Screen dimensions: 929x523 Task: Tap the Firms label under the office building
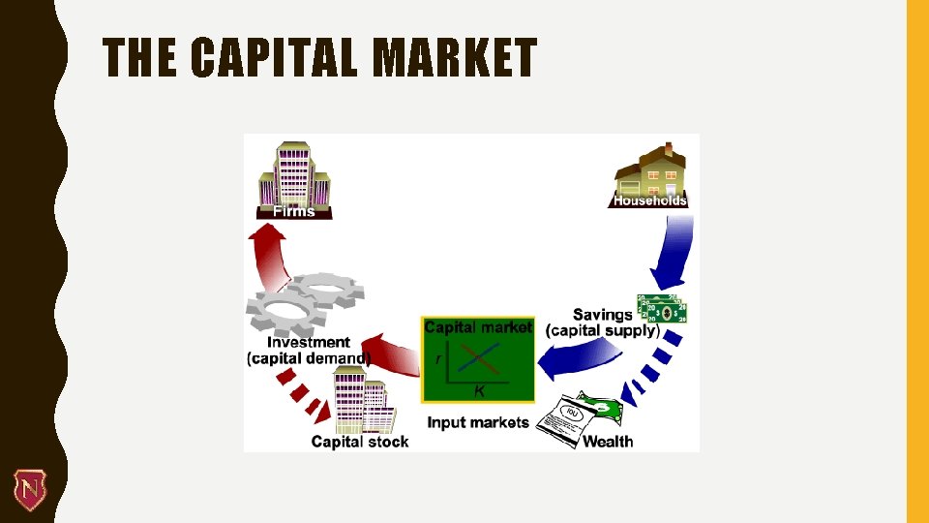(294, 211)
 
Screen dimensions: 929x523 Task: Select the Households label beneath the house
(649, 200)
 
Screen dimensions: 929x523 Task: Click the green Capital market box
(478, 359)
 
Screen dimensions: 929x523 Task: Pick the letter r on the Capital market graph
(438, 358)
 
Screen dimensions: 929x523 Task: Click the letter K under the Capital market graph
(478, 391)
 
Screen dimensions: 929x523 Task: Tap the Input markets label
(478, 422)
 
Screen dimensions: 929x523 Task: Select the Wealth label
(608, 442)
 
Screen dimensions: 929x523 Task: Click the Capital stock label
(360, 442)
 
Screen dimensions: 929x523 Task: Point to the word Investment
(309, 342)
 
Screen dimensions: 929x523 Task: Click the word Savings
(603, 314)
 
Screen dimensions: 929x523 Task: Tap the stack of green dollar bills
(661, 308)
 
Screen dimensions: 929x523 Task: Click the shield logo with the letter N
(28, 489)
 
